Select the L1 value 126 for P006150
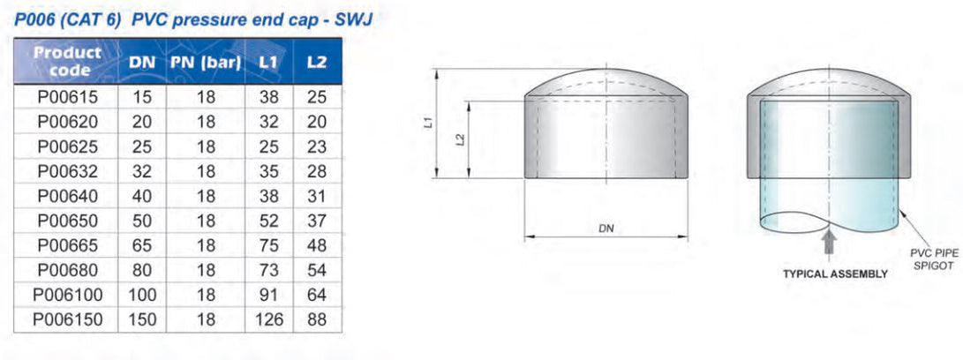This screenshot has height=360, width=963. pos(268,319)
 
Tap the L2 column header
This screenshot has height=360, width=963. pos(317,63)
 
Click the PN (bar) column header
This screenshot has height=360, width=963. pos(206,63)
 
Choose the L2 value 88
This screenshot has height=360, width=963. pos(317,319)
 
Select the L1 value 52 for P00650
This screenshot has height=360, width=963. pos(268,221)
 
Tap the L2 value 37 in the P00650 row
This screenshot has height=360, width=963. pos(317,221)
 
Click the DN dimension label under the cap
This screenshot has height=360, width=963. pos(606,229)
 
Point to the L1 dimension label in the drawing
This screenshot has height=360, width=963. pos(427,124)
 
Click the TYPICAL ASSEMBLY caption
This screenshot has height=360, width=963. pos(835,274)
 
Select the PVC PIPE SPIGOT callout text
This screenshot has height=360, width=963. pos(934,259)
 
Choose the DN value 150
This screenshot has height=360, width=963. pos(141,319)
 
